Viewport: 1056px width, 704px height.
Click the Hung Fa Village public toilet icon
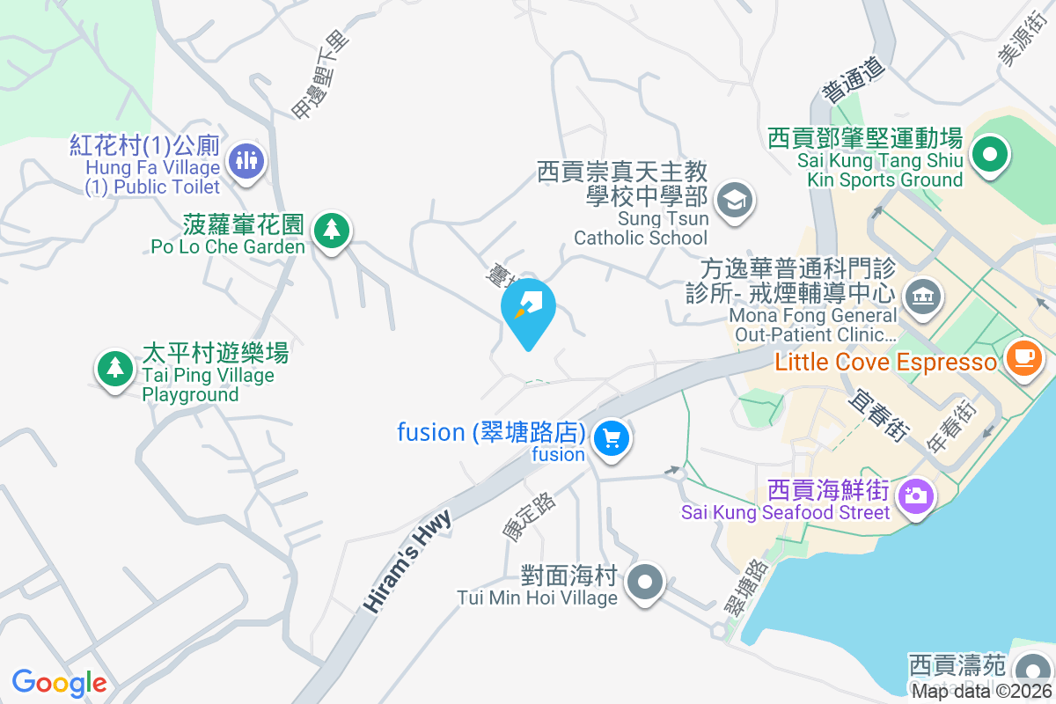(x=247, y=161)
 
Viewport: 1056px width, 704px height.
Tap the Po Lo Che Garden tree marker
(x=331, y=231)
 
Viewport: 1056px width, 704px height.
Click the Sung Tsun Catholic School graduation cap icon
(x=732, y=200)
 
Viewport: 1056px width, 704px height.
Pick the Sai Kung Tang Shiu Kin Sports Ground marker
(x=989, y=156)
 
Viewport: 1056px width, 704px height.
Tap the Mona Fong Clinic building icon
(x=922, y=295)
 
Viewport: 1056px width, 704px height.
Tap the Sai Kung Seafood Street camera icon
(x=915, y=497)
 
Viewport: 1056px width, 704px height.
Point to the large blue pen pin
(x=528, y=308)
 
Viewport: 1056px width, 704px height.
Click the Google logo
(x=59, y=683)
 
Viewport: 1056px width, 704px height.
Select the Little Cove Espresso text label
(x=887, y=363)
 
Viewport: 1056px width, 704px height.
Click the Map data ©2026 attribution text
(x=982, y=692)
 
